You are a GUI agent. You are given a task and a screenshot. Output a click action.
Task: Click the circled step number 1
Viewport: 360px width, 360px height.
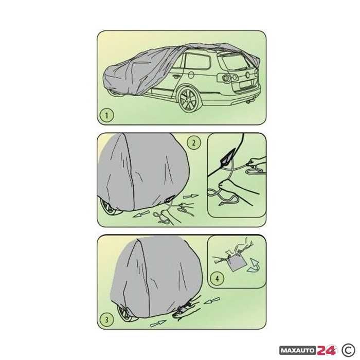(x=106, y=114)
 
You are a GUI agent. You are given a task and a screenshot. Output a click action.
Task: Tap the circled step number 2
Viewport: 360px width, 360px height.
(x=193, y=143)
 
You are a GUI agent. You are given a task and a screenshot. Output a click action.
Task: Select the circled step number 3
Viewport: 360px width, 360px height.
(x=106, y=319)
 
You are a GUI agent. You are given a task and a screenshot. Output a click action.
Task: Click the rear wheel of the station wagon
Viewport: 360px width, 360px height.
(x=188, y=99)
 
